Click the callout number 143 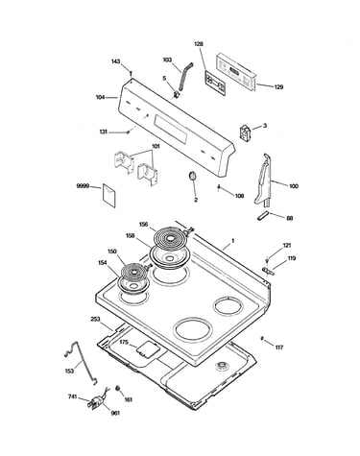point(115,61)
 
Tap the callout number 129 point(278,86)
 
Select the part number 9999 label point(83,186)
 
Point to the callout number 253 point(95,319)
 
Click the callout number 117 point(279,348)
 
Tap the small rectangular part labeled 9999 point(108,195)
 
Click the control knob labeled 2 point(193,177)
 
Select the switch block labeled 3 point(246,132)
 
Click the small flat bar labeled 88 point(262,216)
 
